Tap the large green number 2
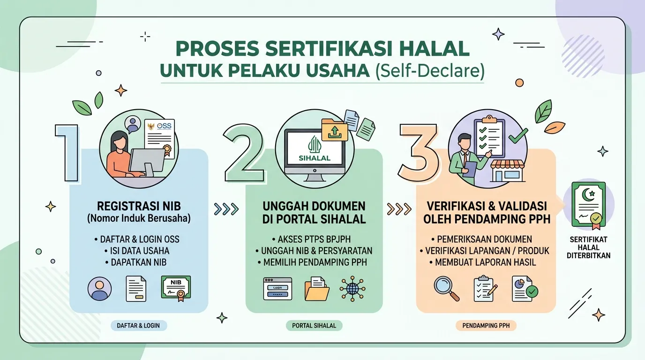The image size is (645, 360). (244, 153)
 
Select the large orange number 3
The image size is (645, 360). (419, 153)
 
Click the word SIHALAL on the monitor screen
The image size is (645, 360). (315, 158)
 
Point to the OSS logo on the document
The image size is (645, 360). (164, 126)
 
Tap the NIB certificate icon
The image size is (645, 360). (176, 289)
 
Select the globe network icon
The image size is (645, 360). (352, 289)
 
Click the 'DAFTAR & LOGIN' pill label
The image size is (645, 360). (138, 325)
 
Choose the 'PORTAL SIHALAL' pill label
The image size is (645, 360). (314, 325)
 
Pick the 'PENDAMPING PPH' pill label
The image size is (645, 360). (486, 325)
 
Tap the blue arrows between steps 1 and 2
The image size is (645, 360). (226, 210)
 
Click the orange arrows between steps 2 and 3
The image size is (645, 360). (399, 210)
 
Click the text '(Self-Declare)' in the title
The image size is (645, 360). (430, 71)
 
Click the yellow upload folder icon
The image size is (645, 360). (334, 130)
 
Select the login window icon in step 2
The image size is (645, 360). (277, 289)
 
